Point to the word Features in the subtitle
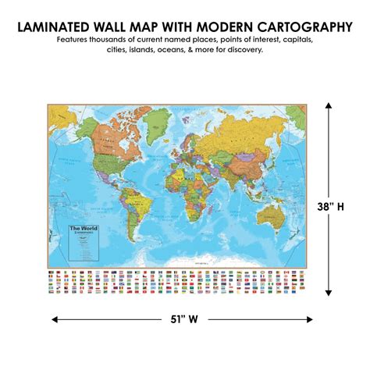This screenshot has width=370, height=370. (x=76, y=39)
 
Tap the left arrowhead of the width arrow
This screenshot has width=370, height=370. (x=55, y=318)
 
